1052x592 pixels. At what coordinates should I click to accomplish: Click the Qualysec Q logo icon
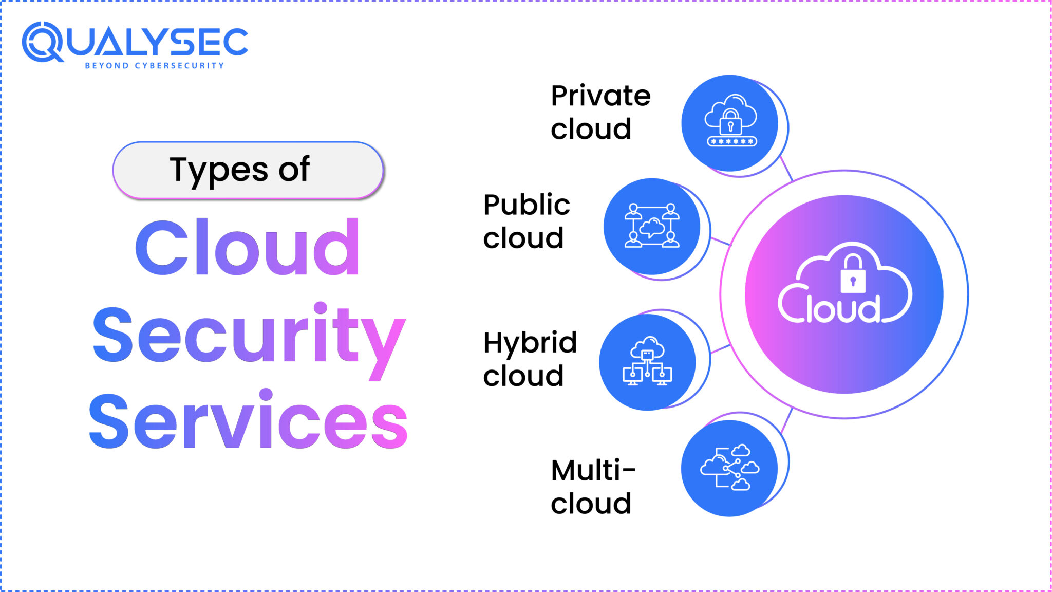(x=42, y=42)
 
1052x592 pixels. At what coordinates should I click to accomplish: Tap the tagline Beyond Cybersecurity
(x=155, y=66)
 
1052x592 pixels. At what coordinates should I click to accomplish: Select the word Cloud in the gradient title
(x=248, y=248)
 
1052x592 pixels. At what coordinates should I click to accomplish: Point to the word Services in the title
(x=249, y=421)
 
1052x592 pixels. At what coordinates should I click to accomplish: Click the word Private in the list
(x=600, y=96)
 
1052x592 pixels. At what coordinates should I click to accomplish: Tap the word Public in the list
(x=527, y=205)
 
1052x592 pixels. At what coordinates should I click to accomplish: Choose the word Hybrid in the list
(x=530, y=343)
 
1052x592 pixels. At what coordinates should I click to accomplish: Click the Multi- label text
(x=593, y=470)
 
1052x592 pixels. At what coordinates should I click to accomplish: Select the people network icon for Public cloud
(x=652, y=226)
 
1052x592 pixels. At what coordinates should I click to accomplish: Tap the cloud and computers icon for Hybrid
(x=647, y=361)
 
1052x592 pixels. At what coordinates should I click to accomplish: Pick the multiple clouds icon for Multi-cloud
(x=729, y=468)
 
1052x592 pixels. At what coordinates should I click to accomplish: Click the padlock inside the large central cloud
(x=853, y=275)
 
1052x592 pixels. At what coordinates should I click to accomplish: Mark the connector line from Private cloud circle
(x=786, y=168)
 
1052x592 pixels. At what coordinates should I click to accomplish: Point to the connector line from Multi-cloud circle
(x=786, y=420)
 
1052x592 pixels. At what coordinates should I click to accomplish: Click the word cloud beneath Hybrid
(x=523, y=376)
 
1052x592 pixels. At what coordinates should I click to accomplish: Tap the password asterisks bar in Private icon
(x=731, y=141)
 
